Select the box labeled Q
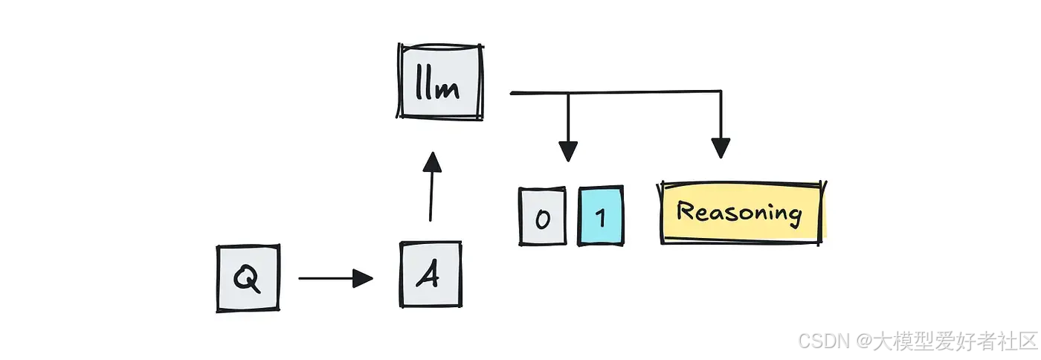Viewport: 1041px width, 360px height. [x=248, y=277]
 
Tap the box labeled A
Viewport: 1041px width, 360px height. [x=429, y=274]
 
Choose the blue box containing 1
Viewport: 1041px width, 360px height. [x=601, y=216]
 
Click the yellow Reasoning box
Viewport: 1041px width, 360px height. [x=742, y=213]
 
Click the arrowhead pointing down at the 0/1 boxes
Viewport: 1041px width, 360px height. [x=568, y=151]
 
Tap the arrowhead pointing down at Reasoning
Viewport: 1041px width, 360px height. [x=720, y=148]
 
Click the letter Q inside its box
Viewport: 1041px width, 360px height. [x=247, y=278]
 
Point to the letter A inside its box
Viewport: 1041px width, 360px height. [x=428, y=276]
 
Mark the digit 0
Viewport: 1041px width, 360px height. [x=543, y=218]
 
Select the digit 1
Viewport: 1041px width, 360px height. [x=601, y=217]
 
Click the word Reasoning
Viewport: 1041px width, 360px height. [x=740, y=213]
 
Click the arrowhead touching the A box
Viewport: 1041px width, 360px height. [x=363, y=278]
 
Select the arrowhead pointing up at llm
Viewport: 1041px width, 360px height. [x=432, y=161]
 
